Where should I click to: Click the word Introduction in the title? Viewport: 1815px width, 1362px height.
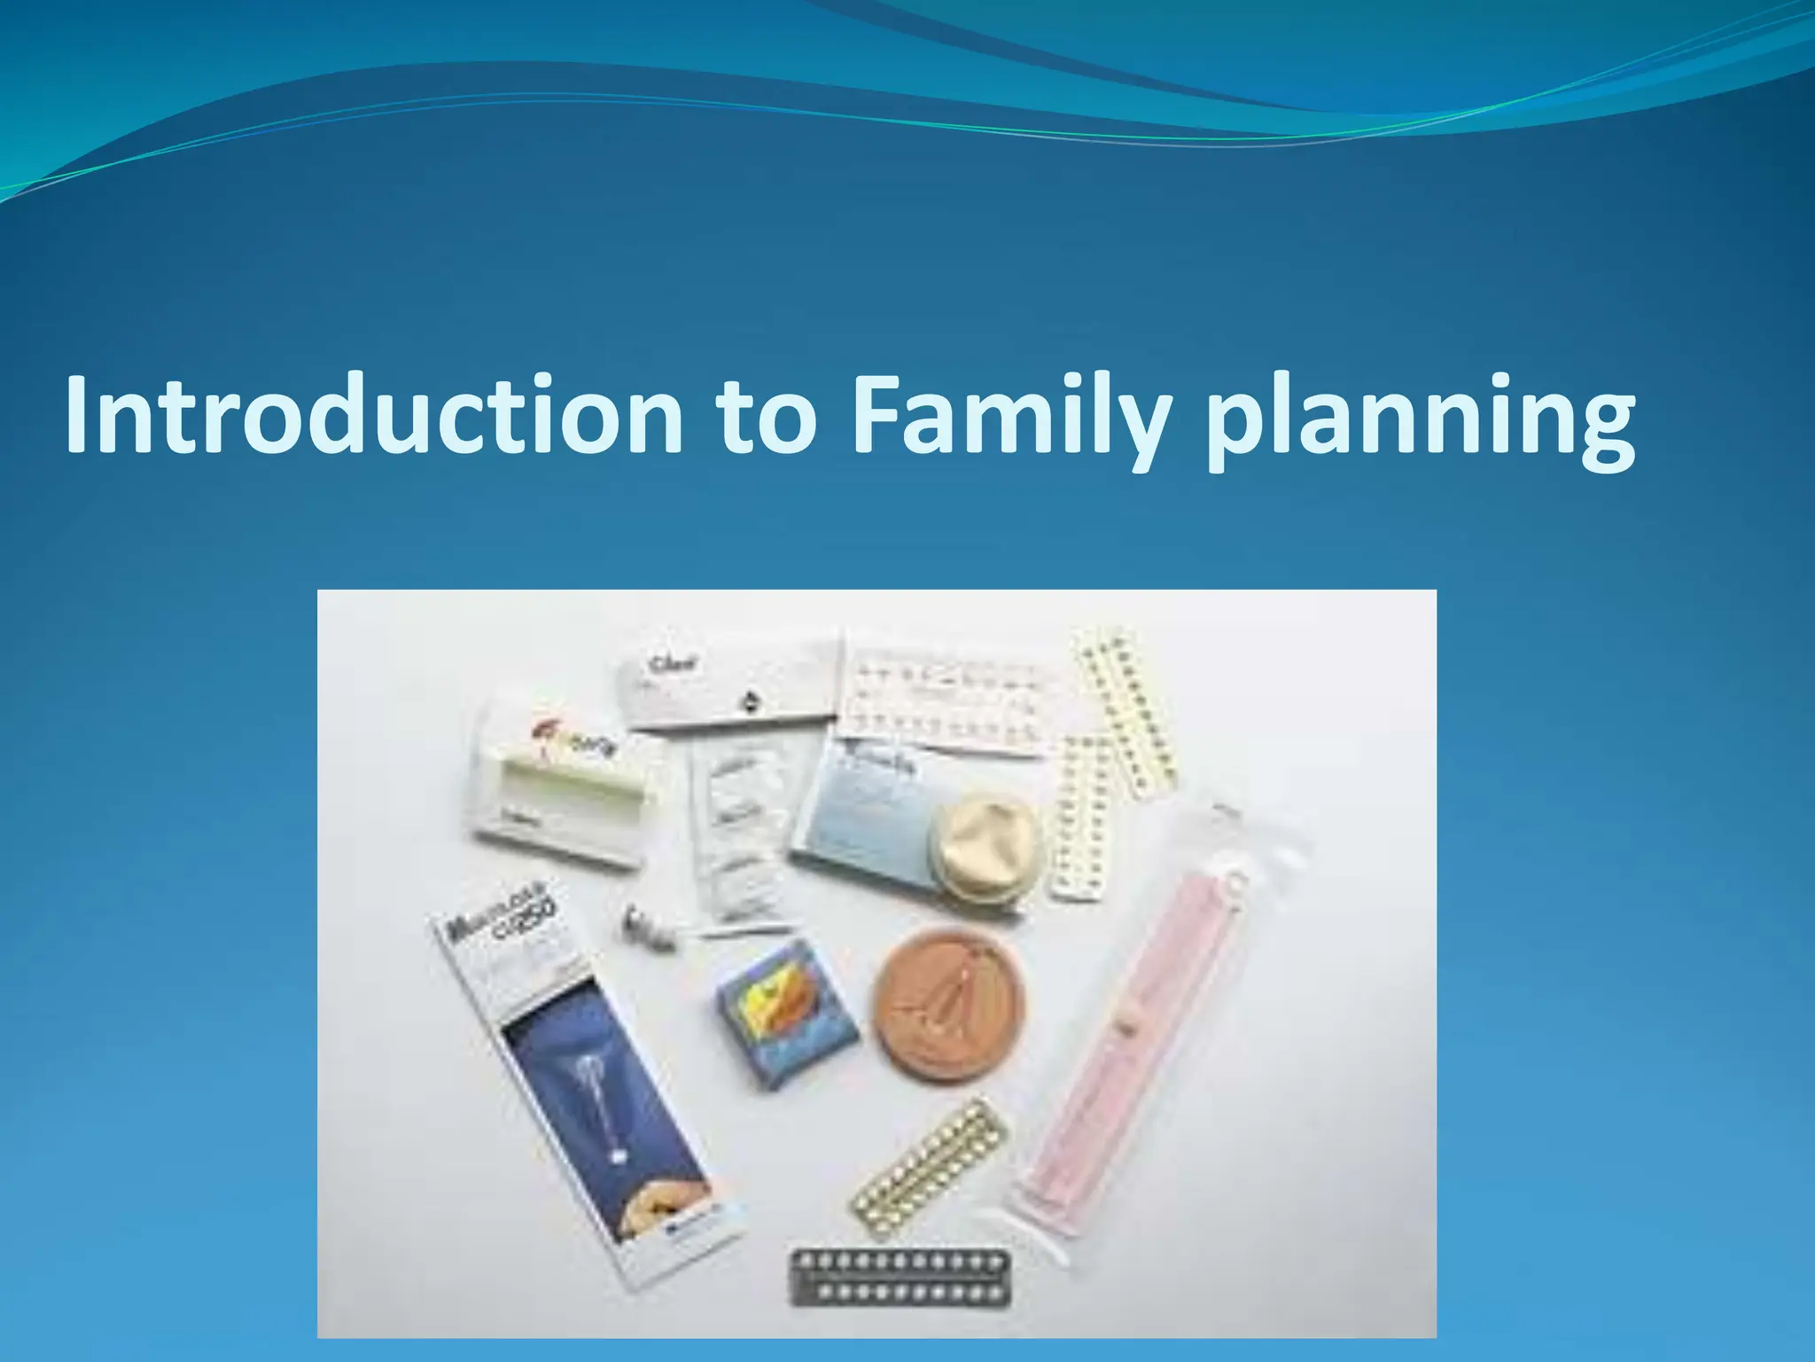372,415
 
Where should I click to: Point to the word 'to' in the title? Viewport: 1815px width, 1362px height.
766,415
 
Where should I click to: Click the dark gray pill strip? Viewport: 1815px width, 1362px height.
900,1278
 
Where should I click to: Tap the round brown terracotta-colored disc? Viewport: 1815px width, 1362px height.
949,1002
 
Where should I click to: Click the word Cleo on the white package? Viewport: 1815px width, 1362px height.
674,663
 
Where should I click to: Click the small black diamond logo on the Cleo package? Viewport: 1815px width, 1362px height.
752,701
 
